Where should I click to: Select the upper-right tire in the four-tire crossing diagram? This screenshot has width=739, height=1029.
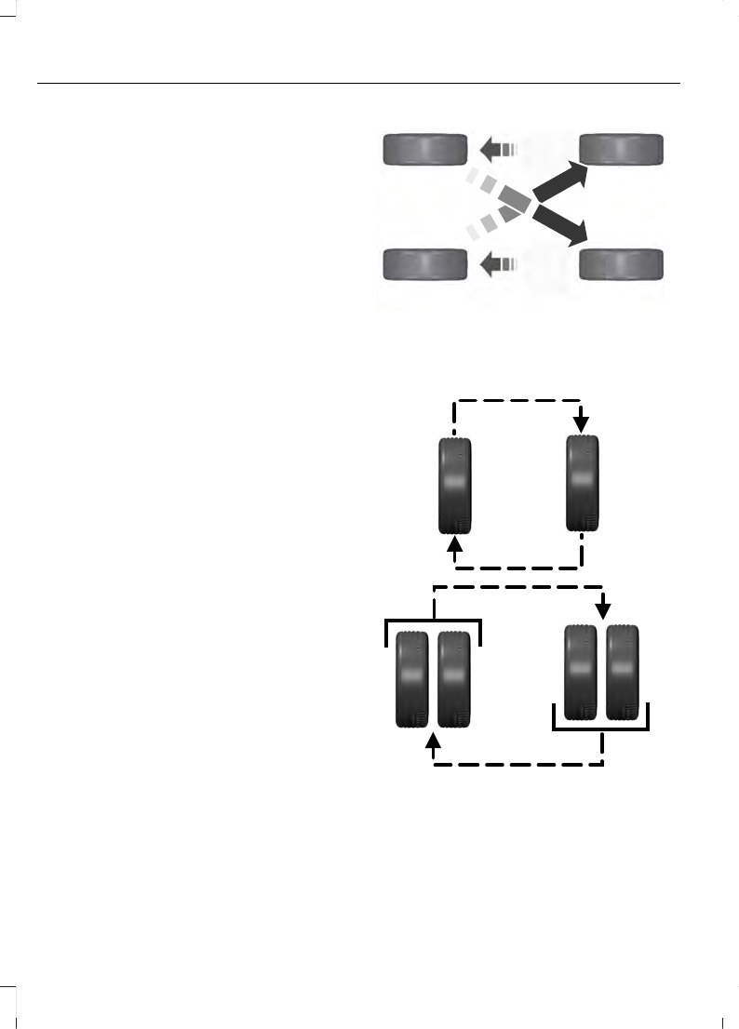(x=622, y=149)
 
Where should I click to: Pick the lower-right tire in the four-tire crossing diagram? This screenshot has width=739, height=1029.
(x=622, y=265)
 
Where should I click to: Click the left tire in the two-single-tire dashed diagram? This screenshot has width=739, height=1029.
(x=455, y=486)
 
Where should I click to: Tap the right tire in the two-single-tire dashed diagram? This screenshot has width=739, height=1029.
(x=583, y=486)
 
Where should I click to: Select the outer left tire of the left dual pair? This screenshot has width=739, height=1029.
(x=412, y=678)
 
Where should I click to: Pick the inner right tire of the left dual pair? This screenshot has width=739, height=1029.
(x=453, y=678)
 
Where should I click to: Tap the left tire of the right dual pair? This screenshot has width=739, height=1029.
(x=582, y=672)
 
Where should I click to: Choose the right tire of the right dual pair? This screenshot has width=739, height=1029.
(x=623, y=672)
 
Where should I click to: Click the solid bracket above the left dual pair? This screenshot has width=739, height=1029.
(x=433, y=621)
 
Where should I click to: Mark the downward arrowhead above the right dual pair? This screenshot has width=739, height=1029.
(x=603, y=610)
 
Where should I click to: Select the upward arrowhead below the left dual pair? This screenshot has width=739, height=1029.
(x=433, y=742)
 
